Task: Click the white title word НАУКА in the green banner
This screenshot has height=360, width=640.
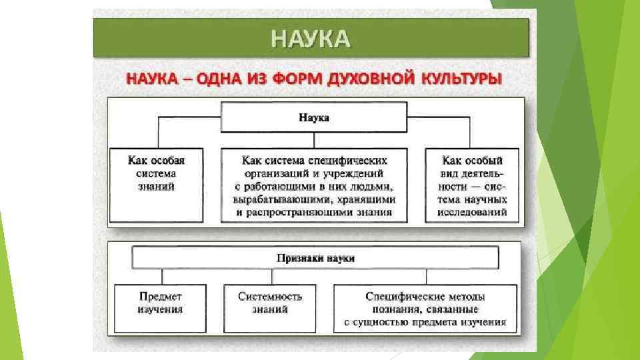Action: click(310, 38)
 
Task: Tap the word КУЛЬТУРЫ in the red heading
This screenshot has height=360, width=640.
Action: click(461, 79)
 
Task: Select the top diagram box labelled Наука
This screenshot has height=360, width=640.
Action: click(313, 117)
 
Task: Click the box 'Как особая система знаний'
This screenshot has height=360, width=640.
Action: click(156, 185)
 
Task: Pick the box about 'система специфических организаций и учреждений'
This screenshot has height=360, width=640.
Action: click(314, 185)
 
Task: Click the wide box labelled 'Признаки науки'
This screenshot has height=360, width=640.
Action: click(315, 258)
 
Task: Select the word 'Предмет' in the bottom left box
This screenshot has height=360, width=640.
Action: click(161, 296)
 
